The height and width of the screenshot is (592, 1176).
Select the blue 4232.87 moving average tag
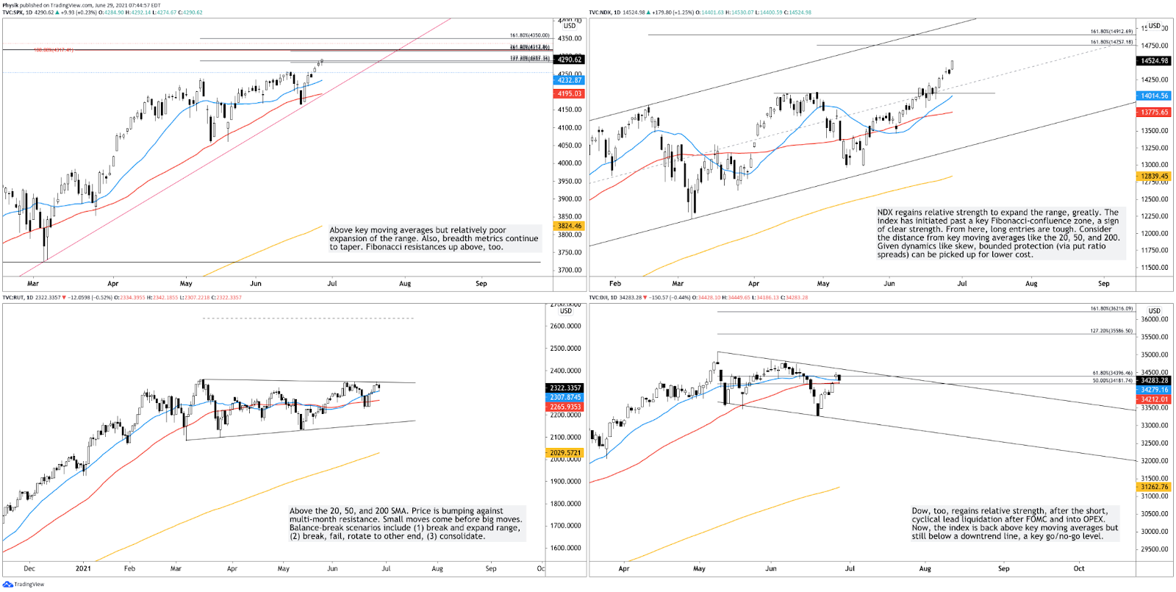click(x=569, y=80)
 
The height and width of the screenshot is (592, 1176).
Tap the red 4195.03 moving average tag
click(x=569, y=94)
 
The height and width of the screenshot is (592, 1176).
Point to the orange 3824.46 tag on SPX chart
click(x=569, y=227)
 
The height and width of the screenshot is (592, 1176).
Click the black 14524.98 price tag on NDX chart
click(x=1154, y=61)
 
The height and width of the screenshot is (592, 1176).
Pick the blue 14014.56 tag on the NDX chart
click(x=1154, y=96)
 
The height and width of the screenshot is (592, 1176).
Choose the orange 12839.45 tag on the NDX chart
click(x=1154, y=176)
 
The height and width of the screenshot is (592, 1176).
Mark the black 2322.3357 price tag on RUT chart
click(x=565, y=388)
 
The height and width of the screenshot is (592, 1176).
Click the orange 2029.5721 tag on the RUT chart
click(x=565, y=453)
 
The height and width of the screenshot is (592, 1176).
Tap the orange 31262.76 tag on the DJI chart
click(x=1154, y=487)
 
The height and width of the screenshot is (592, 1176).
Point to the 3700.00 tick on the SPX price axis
click(x=570, y=270)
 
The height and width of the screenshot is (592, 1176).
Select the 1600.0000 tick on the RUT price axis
click(x=566, y=548)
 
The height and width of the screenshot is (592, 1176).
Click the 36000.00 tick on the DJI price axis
click(x=1154, y=319)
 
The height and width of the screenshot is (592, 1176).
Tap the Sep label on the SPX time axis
click(x=481, y=283)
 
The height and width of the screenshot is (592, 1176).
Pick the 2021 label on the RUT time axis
click(x=83, y=568)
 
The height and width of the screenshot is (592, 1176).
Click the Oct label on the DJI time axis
click(x=1078, y=568)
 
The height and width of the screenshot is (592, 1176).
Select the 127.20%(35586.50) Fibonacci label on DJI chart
click(x=1111, y=331)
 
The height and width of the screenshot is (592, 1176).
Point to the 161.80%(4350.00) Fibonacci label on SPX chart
click(x=529, y=35)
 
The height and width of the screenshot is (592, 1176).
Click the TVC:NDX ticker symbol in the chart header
click(x=600, y=13)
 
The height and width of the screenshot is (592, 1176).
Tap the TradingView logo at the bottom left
click(x=24, y=585)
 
